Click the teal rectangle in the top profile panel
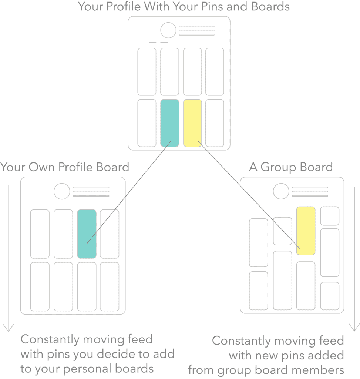tap(169, 123)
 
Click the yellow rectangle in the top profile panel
tap(192, 123)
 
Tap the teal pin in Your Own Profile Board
tap(87, 234)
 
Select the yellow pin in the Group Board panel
tap(306, 231)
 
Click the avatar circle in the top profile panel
tap(168, 30)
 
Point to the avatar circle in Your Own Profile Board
tap(62, 191)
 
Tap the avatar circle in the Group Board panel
tap(281, 191)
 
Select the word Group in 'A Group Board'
tap(278, 167)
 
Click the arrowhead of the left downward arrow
tap(9, 328)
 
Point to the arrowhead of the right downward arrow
tap(354, 327)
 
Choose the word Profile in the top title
tap(124, 7)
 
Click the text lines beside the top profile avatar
tap(197, 30)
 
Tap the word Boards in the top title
tap(270, 7)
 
